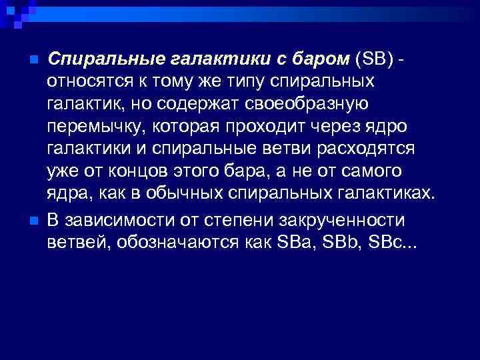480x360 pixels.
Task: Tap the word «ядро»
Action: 390,127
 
